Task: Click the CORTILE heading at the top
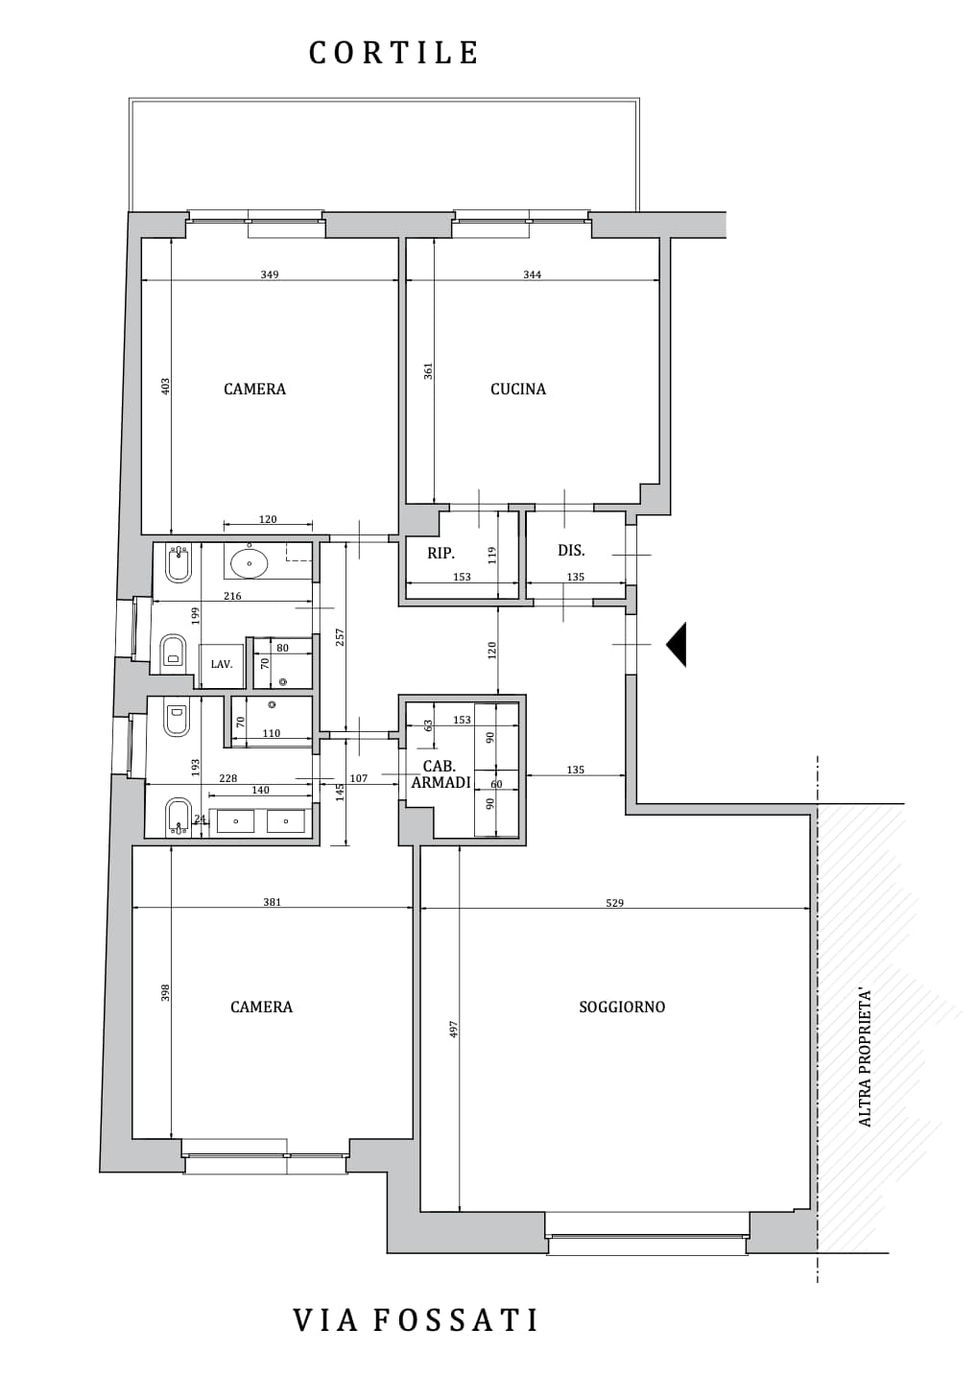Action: pos(393,53)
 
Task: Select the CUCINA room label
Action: pos(518,389)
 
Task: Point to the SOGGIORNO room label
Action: pos(622,1007)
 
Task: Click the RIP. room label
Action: pos(441,553)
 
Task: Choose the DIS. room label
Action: pos(571,551)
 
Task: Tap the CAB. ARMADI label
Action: pos(441,774)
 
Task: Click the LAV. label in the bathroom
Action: pos(222,664)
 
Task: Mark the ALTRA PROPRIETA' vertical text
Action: pos(865,1056)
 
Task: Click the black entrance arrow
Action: pos(678,645)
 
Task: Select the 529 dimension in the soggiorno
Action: pos(614,902)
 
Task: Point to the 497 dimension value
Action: pos(454,1030)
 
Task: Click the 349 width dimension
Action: pos(270,274)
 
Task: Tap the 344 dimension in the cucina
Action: pos(532,274)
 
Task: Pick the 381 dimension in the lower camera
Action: pos(273,902)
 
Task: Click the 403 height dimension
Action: pos(165,387)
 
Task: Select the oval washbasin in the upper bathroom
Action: pos(250,562)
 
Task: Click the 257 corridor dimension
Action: pos(340,637)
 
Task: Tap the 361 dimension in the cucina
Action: pos(428,371)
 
